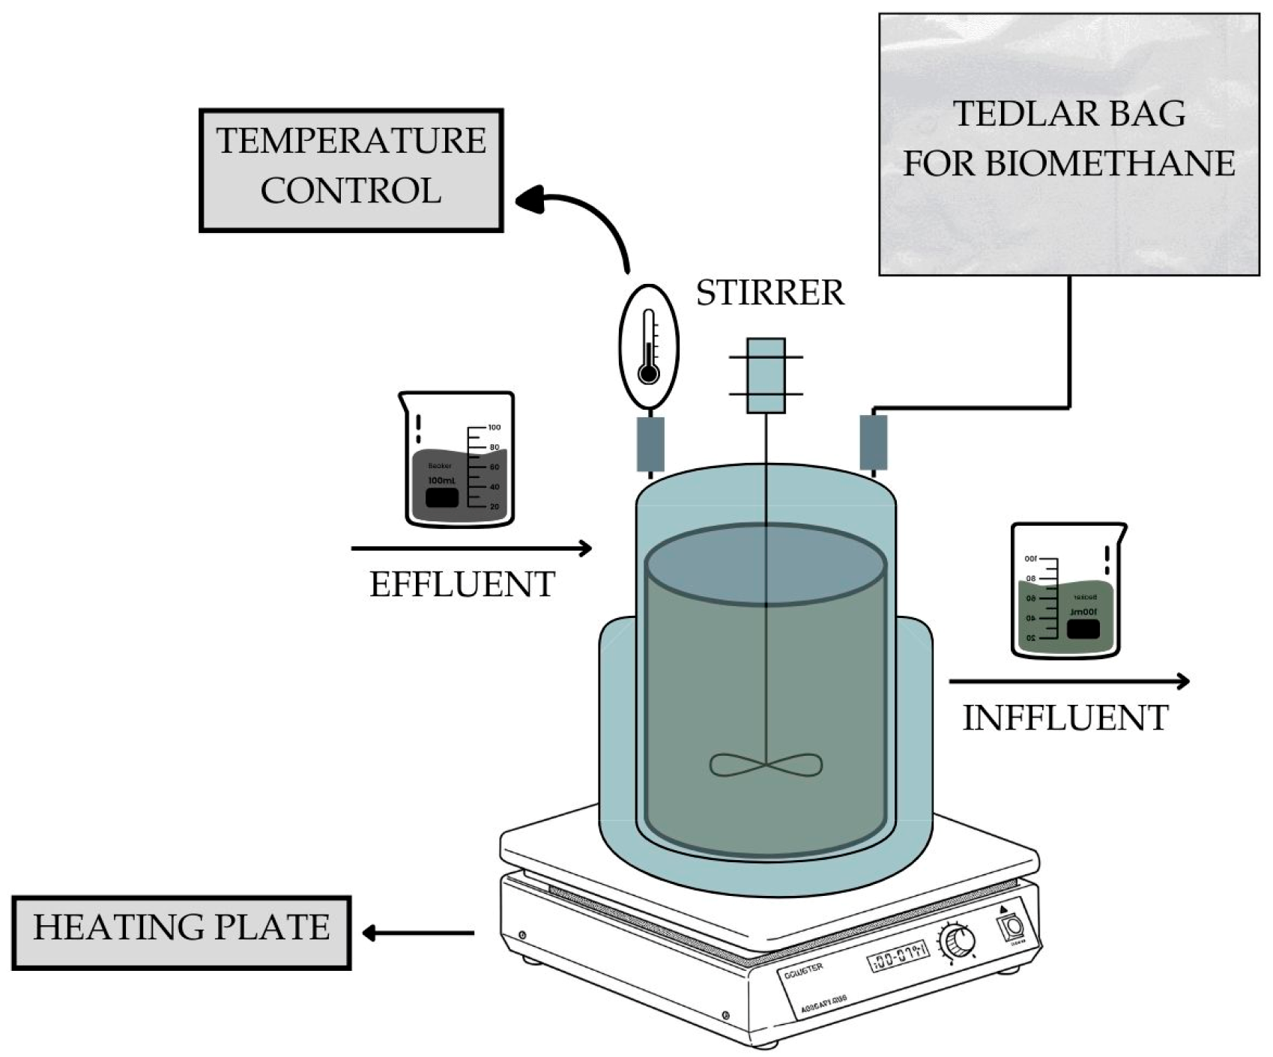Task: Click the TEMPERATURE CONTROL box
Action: [x=351, y=170]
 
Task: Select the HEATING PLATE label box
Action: [x=181, y=933]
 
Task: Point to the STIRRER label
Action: [x=769, y=293]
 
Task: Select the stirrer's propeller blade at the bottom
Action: [x=766, y=765]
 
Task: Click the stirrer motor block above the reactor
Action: [x=766, y=375]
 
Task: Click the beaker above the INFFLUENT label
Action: [x=1067, y=591]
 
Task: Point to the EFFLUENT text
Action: [x=462, y=584]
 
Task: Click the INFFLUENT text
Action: [x=1065, y=718]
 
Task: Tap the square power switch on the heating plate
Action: [x=1013, y=927]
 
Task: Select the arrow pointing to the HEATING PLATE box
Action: [x=418, y=933]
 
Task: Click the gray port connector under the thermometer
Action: [x=650, y=444]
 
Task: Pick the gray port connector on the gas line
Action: [x=873, y=443]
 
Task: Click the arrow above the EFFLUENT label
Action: [x=471, y=549]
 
